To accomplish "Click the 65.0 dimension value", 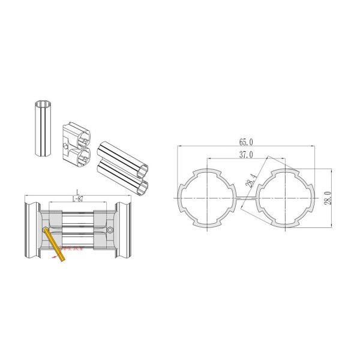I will click(246, 142).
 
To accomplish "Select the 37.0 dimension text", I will click(246, 155).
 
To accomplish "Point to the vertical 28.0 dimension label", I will click(328, 197).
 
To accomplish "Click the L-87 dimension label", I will click(77, 199).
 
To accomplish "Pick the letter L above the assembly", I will click(77, 191).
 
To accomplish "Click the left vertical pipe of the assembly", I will click(31, 230).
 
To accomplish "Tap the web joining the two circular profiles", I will click(247, 197).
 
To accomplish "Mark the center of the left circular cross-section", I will click(206, 197).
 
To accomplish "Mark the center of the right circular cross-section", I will click(286, 197).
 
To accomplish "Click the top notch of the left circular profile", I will click(206, 172).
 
